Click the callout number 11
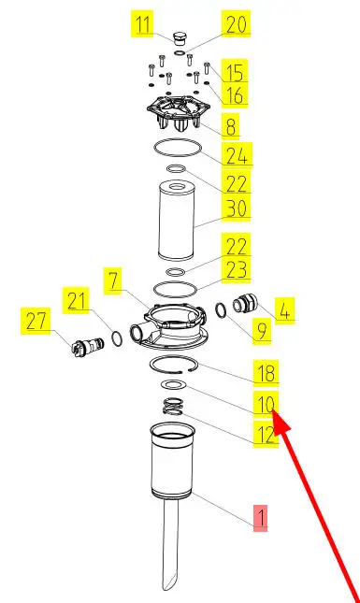coord(142,23)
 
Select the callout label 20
coord(236,23)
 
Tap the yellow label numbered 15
coord(234,72)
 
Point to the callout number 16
coord(234,94)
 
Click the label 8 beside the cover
coord(230,126)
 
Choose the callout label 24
coord(237,155)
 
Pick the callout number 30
coord(237,208)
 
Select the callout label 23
coord(237,269)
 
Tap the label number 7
coord(113,280)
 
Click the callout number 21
coord(76,300)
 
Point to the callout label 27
coord(36,321)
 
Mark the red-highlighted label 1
coord(260,518)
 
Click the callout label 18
coord(266,373)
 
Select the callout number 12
coord(266,434)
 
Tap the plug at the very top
coord(179,39)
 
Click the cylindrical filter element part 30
coord(177,222)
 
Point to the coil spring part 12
coord(173,407)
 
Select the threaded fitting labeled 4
coord(243,304)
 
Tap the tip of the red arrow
coord(273,411)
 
